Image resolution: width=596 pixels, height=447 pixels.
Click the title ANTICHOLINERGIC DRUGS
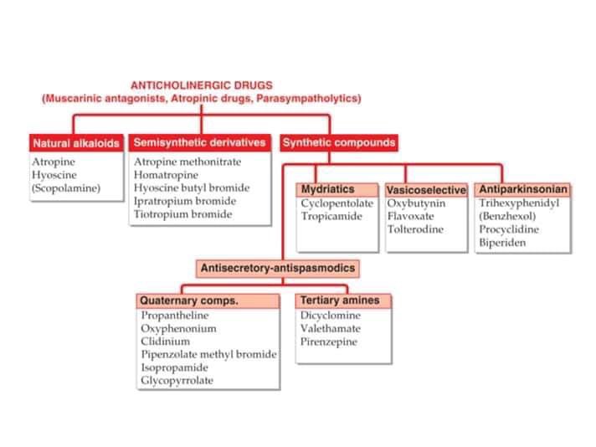pos(201,85)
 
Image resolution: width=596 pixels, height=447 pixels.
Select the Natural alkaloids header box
pos(76,142)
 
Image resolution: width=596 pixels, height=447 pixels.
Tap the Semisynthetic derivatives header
pos(201,142)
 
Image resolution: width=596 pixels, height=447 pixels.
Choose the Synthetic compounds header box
pos(338,142)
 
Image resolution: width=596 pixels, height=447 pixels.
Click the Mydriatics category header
pos(328,189)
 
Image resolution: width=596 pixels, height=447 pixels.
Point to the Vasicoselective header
pos(426,190)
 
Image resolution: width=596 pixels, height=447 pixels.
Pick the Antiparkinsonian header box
pos(523,189)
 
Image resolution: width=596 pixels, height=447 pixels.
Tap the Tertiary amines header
pos(340,300)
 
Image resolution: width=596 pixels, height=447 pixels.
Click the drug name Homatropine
pos(166,175)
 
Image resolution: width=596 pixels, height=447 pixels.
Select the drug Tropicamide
pos(331,216)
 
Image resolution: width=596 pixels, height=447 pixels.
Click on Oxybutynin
pos(416,203)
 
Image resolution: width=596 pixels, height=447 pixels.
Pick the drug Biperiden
pos(502,243)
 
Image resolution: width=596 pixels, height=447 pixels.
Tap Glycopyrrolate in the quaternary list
pos(177,381)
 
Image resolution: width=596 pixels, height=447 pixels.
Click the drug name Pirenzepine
pos(329,342)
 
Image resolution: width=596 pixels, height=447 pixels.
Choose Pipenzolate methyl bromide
pos(208,354)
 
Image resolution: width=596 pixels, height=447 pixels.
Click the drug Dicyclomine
pos(331,316)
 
